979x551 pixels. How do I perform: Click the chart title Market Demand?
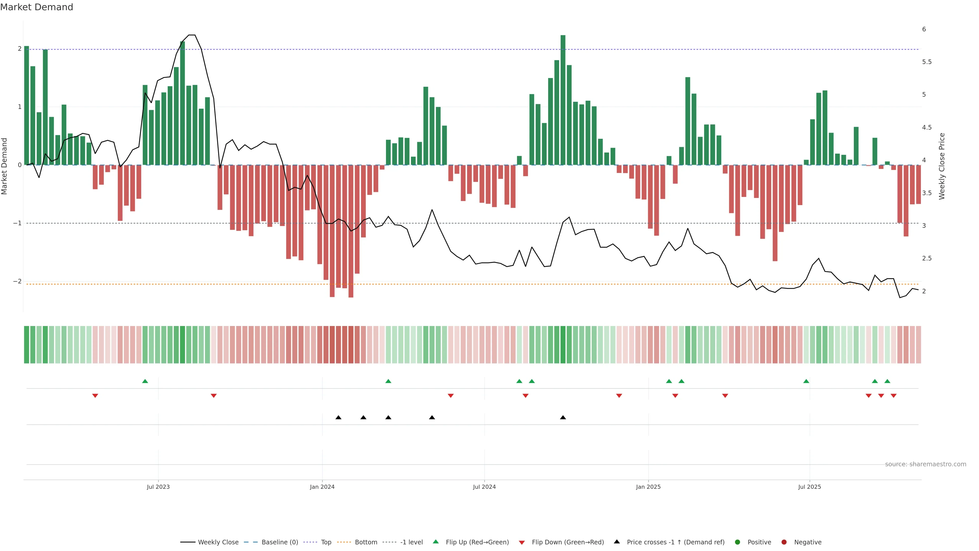click(36, 7)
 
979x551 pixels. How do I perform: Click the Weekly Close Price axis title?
click(942, 166)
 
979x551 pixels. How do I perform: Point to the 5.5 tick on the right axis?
click(926, 62)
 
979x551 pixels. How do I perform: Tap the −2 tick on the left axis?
click(17, 281)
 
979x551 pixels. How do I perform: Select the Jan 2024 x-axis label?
click(322, 487)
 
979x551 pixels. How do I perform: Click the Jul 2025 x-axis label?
click(809, 487)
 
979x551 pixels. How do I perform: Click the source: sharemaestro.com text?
click(925, 464)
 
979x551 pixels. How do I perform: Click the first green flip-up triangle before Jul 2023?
click(145, 381)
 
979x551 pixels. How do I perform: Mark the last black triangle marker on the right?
click(563, 418)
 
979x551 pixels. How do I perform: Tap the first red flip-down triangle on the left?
click(95, 396)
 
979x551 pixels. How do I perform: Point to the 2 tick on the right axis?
click(924, 291)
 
